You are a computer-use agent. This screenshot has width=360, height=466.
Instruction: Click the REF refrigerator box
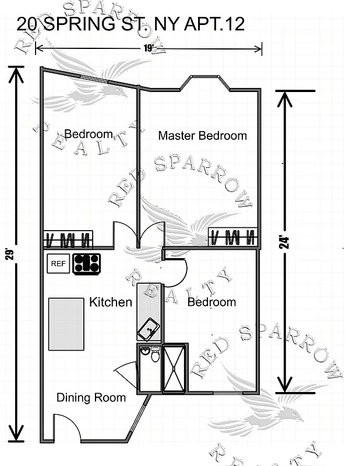click(58, 264)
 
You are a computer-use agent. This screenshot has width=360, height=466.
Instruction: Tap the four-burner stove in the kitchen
click(87, 264)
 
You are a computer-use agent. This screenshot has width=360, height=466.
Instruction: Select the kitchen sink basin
click(148, 329)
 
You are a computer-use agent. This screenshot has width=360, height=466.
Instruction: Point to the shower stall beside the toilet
click(174, 368)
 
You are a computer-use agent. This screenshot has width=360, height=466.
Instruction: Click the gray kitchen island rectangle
click(66, 324)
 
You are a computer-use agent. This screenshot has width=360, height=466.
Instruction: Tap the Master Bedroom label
click(203, 136)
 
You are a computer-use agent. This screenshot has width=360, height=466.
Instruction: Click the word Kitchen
click(110, 302)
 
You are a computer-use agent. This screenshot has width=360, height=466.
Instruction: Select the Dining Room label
click(91, 398)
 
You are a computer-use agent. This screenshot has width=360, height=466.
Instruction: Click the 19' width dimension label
click(153, 49)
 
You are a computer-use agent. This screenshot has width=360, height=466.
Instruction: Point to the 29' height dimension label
click(10, 255)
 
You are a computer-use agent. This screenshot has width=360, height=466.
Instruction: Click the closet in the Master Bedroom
click(233, 237)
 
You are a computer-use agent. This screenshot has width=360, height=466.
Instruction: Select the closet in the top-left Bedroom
click(69, 239)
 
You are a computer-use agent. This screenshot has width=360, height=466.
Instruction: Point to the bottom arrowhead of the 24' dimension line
click(284, 385)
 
